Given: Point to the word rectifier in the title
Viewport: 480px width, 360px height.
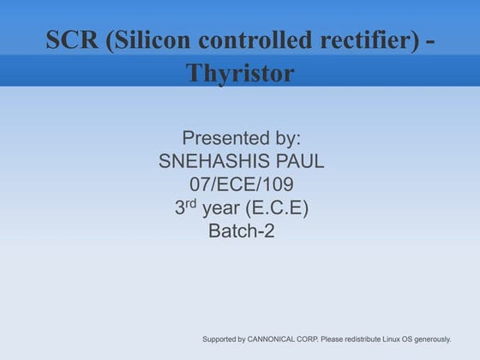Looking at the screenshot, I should pyautogui.click(x=351, y=40).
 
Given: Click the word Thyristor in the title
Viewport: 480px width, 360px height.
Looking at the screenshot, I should pyautogui.click(x=240, y=74).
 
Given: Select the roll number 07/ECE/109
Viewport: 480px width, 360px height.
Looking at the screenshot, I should pyautogui.click(x=241, y=183).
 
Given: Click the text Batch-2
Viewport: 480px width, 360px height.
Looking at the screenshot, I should pyautogui.click(x=241, y=231).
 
